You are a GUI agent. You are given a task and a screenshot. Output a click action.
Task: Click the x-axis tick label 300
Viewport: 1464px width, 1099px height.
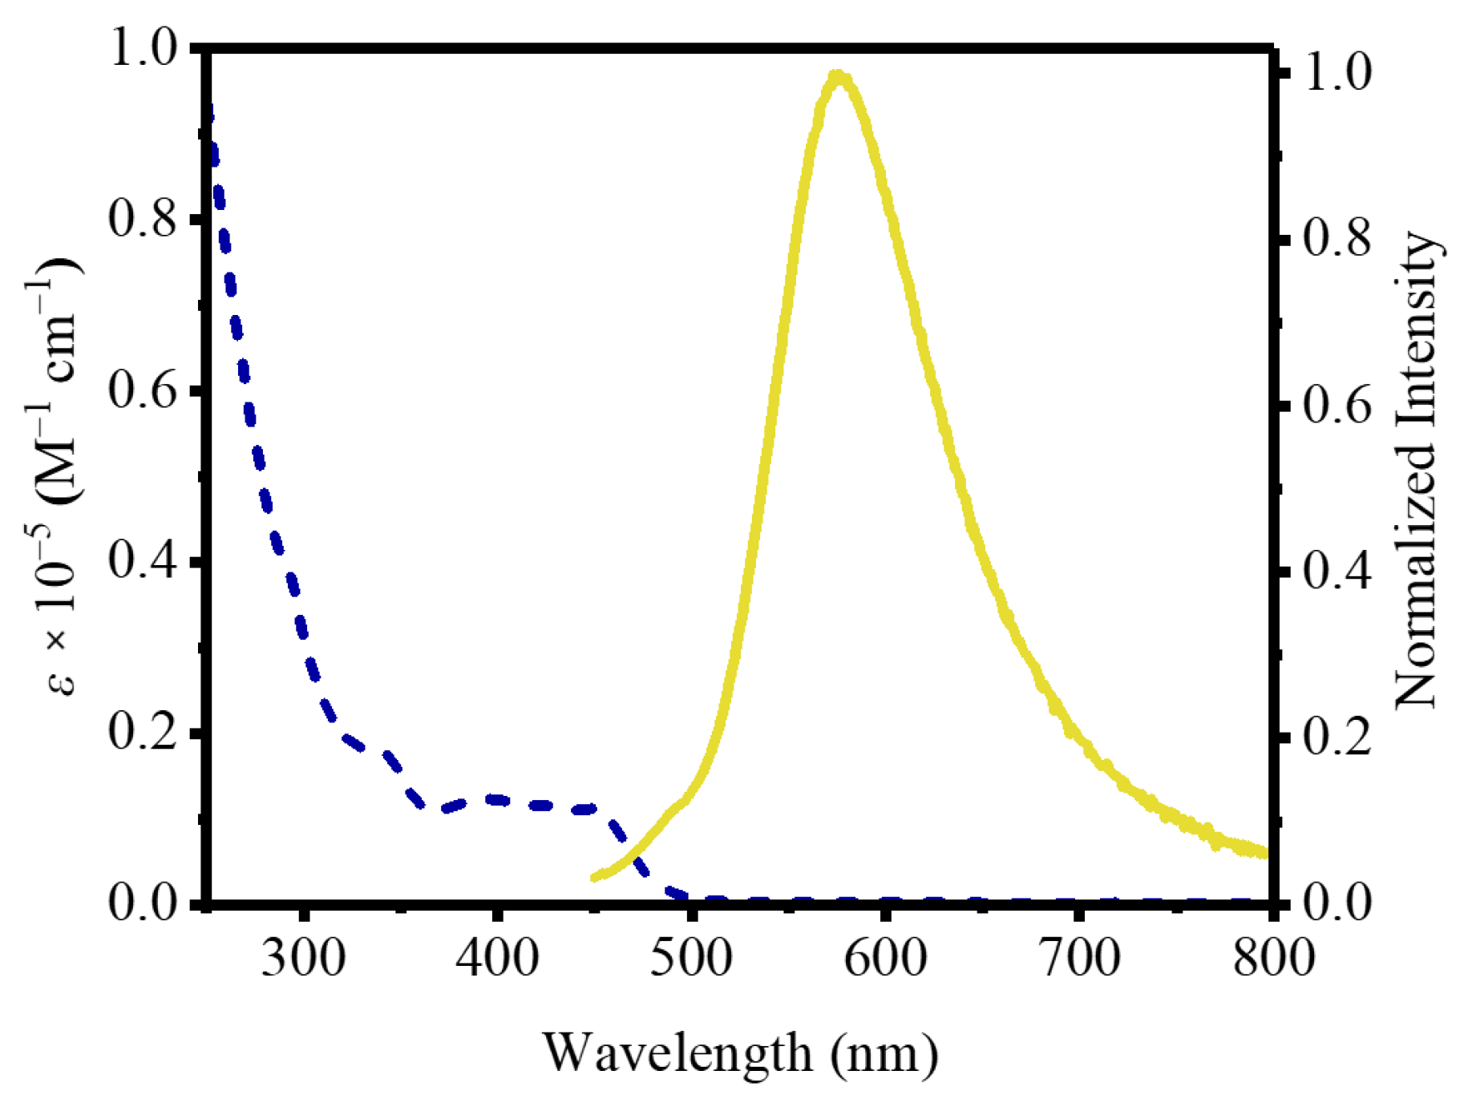pyautogui.click(x=303, y=957)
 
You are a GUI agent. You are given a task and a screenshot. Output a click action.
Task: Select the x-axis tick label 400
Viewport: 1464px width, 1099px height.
pyautogui.click(x=497, y=957)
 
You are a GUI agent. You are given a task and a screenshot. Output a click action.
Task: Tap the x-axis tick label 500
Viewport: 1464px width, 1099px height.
pyautogui.click(x=691, y=957)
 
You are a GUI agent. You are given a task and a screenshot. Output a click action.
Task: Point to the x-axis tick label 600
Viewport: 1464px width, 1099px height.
pyautogui.click(x=885, y=957)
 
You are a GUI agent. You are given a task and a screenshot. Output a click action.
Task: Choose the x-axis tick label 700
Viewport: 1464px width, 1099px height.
pyautogui.click(x=1079, y=957)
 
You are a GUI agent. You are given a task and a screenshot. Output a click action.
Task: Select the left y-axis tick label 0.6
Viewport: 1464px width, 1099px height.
pyautogui.click(x=143, y=390)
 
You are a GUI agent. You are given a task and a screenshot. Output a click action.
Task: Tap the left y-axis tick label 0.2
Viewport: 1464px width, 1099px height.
pyautogui.click(x=143, y=732)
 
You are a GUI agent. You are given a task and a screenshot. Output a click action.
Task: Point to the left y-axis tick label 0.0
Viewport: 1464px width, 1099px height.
pyautogui.click(x=143, y=903)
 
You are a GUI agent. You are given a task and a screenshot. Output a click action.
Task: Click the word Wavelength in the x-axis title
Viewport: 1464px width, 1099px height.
pyautogui.click(x=677, y=1053)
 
